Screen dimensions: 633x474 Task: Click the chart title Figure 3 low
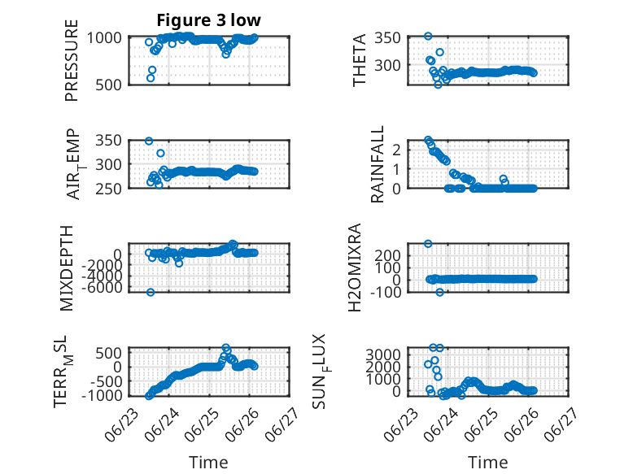(209, 20)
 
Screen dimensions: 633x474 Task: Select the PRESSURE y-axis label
(72, 60)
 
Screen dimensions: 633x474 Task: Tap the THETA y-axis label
(359, 60)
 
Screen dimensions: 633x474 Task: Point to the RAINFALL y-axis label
(377, 163)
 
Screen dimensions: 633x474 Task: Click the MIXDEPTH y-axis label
(67, 268)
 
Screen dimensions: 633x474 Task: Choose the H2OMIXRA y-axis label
(355, 267)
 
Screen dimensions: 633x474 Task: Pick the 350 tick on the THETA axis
(387, 38)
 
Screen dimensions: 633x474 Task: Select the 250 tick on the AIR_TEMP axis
(108, 189)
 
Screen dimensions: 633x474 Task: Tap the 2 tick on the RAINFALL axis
(396, 150)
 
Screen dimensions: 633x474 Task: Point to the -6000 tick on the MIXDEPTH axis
(102, 288)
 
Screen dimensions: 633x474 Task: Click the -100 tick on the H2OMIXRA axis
(386, 292)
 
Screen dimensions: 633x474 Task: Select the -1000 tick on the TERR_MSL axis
(102, 396)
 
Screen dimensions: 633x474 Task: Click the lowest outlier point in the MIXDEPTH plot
(151, 292)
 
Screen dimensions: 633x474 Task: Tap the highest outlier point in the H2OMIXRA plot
(428, 244)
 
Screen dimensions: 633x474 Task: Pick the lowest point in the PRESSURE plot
(151, 78)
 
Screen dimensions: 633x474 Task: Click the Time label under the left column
(209, 463)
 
